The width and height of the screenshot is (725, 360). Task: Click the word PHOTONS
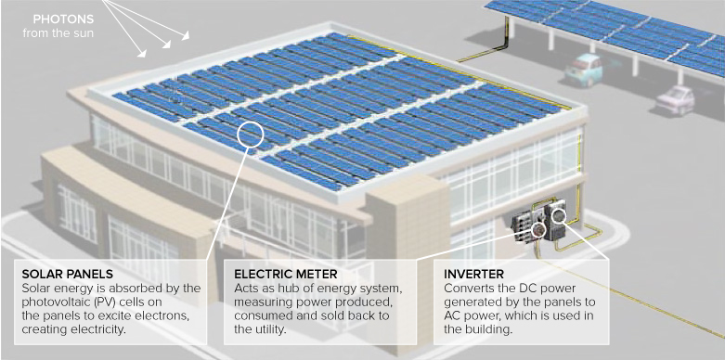click(63, 19)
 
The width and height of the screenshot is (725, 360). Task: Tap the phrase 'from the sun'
click(58, 34)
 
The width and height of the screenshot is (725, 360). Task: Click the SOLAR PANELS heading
click(67, 275)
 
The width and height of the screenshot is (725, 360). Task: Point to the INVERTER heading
click(475, 275)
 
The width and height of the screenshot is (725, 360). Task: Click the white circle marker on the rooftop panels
click(252, 135)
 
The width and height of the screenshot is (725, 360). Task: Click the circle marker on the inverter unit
click(559, 216)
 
